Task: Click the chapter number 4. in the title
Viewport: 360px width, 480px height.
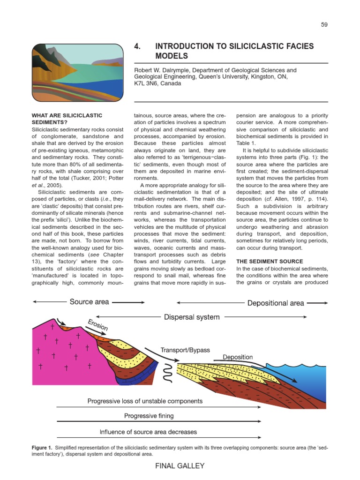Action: (138, 46)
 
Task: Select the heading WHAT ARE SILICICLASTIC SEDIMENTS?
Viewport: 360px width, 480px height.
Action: (67, 118)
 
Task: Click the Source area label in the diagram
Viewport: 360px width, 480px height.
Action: (89, 302)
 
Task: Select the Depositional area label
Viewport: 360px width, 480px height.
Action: (276, 303)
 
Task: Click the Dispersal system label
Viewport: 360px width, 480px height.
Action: (192, 317)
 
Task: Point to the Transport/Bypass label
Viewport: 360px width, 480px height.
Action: (185, 350)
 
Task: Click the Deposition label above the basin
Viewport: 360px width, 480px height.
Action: (238, 357)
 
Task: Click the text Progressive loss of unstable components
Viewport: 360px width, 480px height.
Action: (145, 401)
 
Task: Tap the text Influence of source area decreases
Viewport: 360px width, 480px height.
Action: (148, 432)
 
